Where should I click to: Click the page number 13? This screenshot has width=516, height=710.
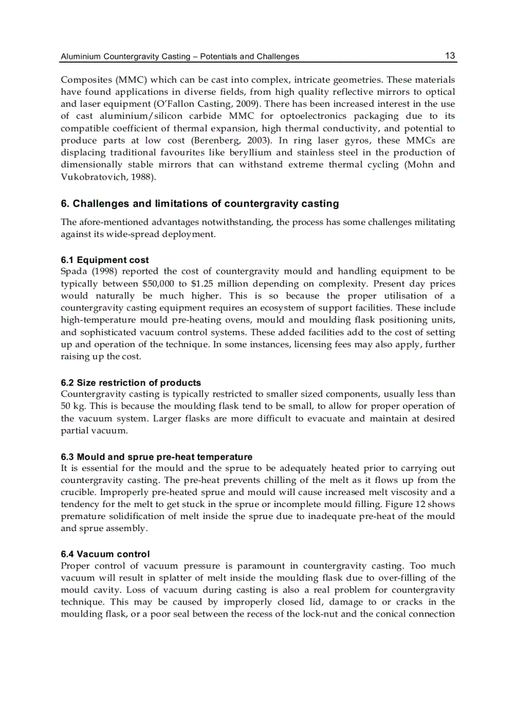450,56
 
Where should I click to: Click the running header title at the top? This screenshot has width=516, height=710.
180,57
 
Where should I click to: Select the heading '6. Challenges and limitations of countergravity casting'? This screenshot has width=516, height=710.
200,204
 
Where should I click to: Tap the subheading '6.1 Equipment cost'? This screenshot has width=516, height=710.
105,260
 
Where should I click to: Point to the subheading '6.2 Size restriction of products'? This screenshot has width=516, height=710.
131,383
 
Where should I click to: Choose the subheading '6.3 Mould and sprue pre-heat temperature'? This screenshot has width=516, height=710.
156,456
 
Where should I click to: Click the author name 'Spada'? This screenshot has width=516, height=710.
73,272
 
